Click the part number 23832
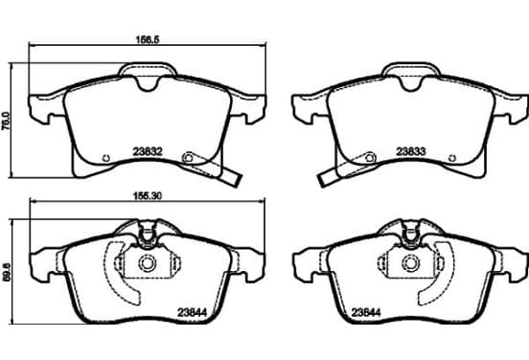[148, 151]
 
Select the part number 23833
[410, 151]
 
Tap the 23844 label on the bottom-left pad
[193, 313]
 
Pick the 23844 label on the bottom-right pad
[366, 313]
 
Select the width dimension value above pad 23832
[148, 39]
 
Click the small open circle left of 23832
[106, 158]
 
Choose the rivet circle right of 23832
[188, 157]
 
